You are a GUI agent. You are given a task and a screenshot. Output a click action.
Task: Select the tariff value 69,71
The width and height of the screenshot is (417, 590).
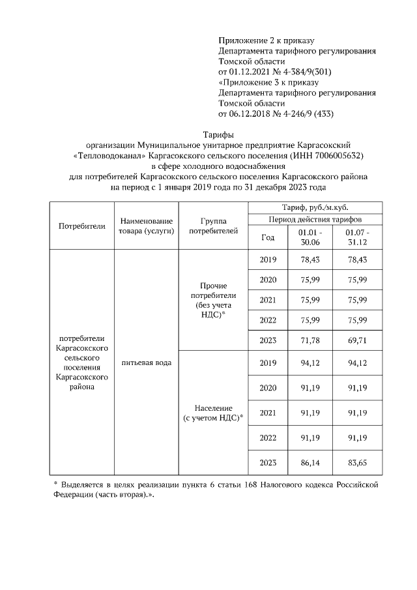[x=357, y=340]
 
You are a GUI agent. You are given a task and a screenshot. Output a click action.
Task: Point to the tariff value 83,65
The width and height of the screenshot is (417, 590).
[x=357, y=462]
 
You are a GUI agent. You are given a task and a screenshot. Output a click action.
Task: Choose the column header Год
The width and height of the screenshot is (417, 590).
[x=268, y=237]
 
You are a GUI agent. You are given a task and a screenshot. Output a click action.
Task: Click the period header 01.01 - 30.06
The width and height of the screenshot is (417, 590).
[x=311, y=237]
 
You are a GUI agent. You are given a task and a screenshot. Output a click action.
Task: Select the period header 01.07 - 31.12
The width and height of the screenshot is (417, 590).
[x=357, y=237]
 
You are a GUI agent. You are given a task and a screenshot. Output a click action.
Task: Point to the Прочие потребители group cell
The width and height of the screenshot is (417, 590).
[x=214, y=299]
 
